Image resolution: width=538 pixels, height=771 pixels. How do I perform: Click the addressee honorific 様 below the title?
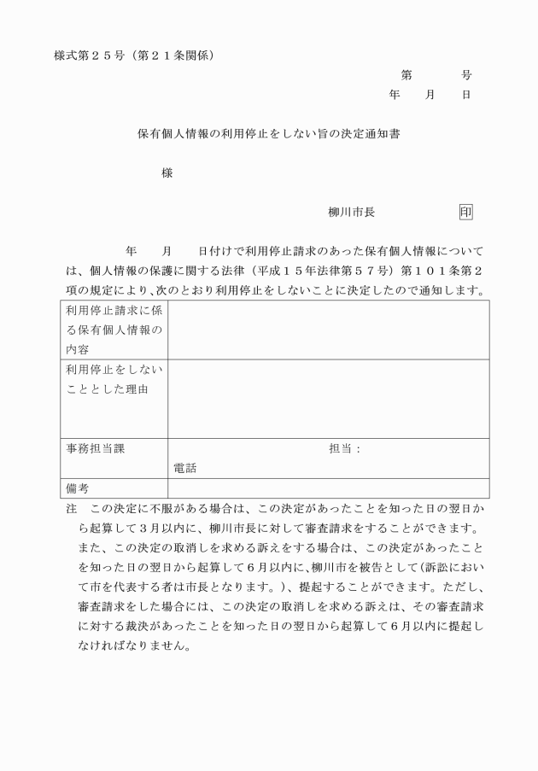[167, 173]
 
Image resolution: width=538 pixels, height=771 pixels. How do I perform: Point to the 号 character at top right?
[466, 75]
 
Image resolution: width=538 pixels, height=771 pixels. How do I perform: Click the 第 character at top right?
[406, 75]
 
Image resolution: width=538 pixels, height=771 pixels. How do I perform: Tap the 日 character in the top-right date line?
[466, 96]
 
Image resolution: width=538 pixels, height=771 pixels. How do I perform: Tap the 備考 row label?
[78, 488]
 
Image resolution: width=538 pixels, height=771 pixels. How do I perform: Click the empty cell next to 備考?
[328, 488]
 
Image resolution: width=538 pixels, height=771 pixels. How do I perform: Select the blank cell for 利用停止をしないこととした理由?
[328, 399]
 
